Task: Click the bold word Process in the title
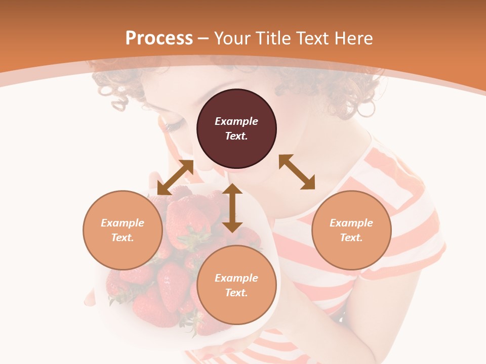coord(159,38)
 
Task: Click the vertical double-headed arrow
coord(232,208)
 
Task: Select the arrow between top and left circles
coord(175,177)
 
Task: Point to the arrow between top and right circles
coord(297,172)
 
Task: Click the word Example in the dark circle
coord(236,121)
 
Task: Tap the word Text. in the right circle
coord(351,238)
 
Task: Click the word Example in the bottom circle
coord(236,278)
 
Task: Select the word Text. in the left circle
coord(123,238)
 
